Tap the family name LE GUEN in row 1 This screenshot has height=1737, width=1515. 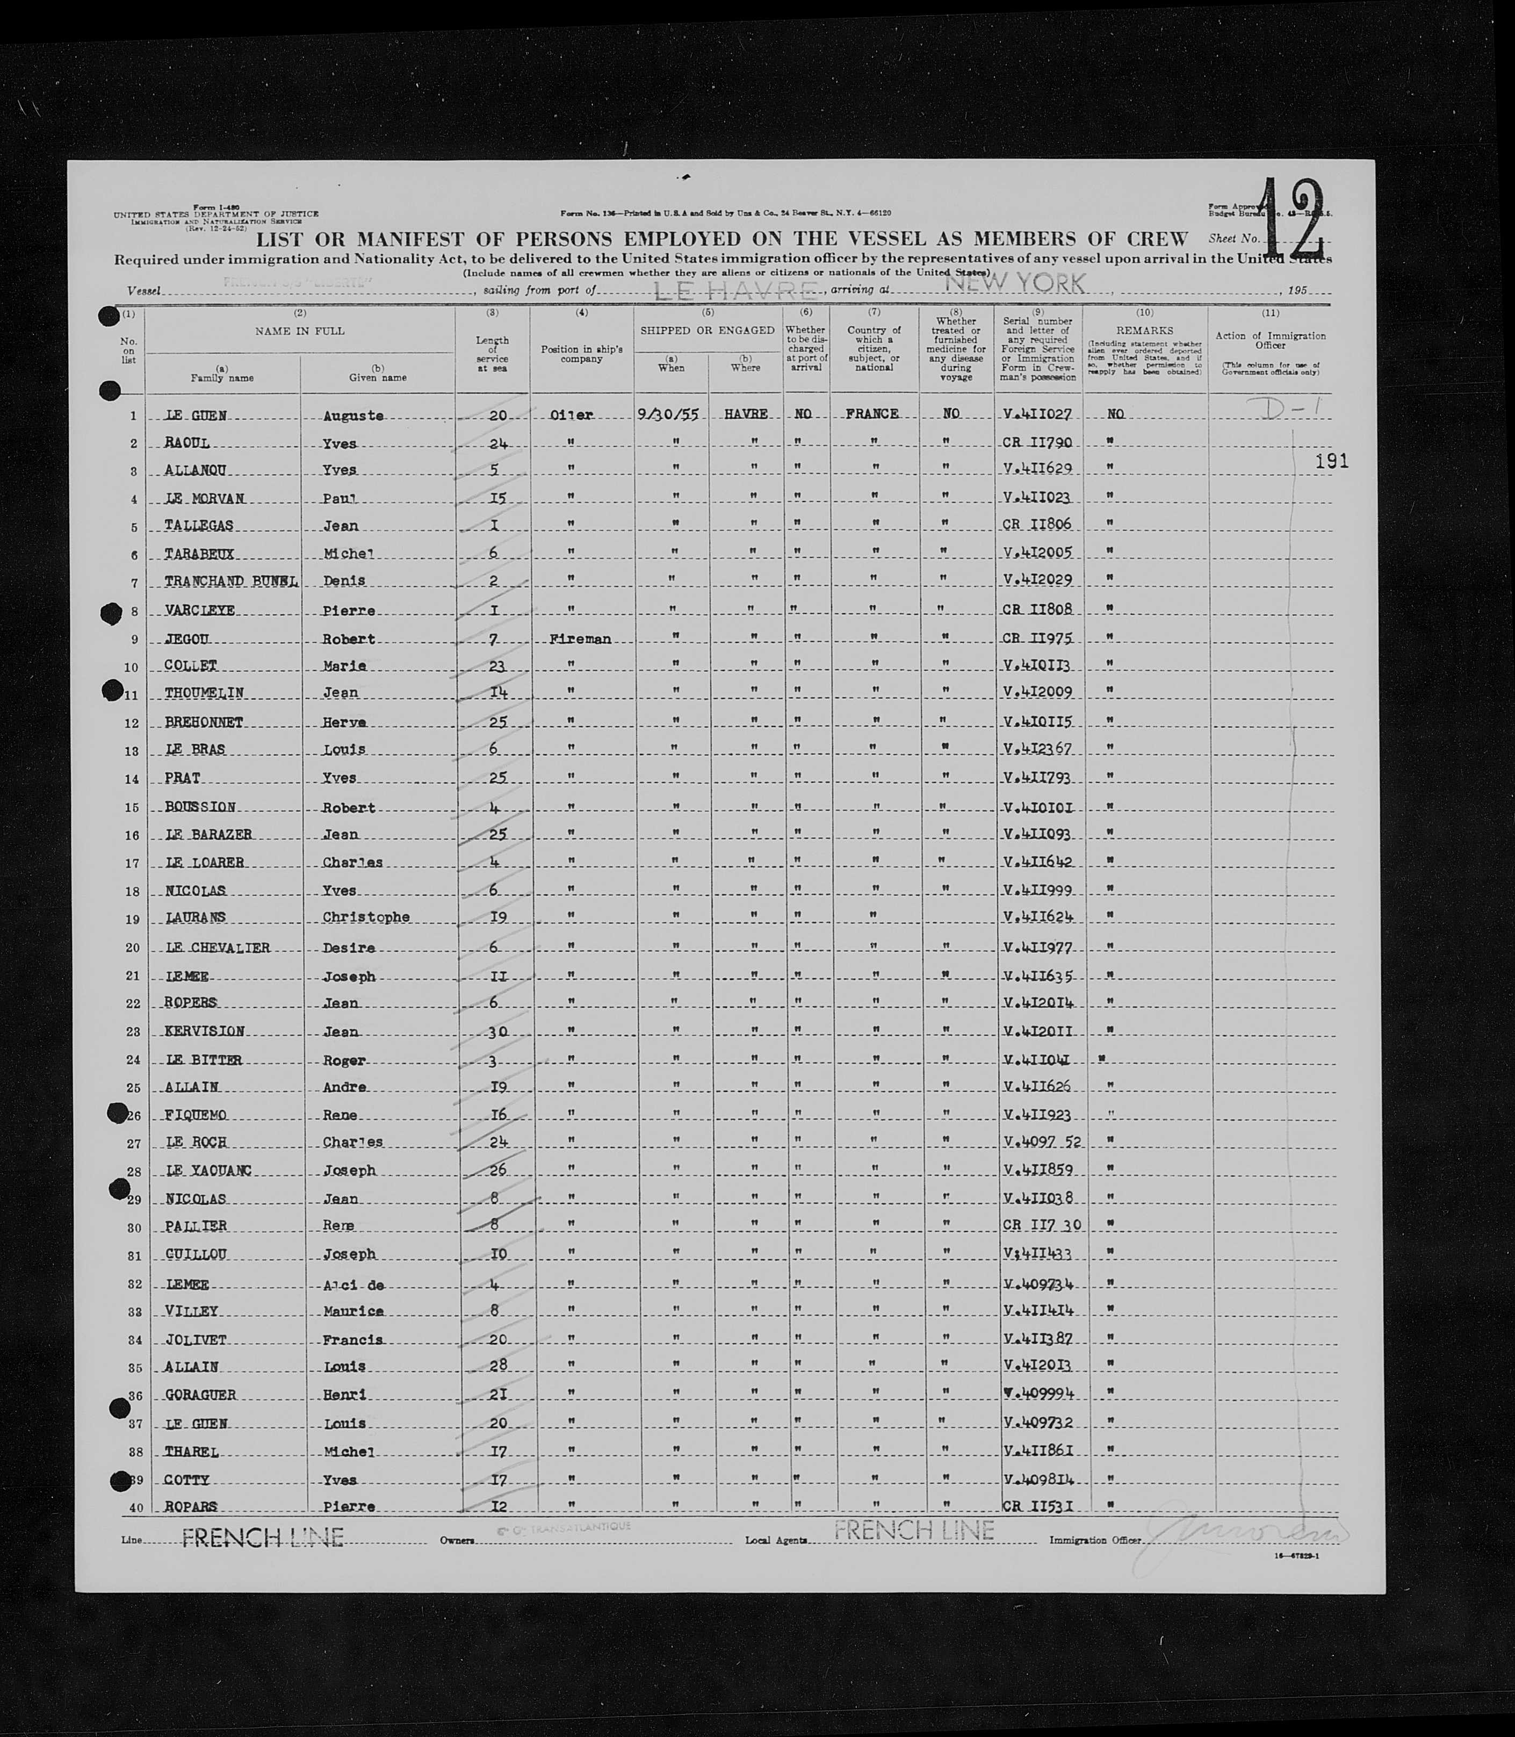coord(196,416)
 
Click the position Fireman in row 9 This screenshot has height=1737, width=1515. coord(580,640)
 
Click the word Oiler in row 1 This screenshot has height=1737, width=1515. coord(572,415)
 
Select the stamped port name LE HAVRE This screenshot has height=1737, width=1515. coord(735,290)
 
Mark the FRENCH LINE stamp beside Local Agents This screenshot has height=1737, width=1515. coord(913,1530)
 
